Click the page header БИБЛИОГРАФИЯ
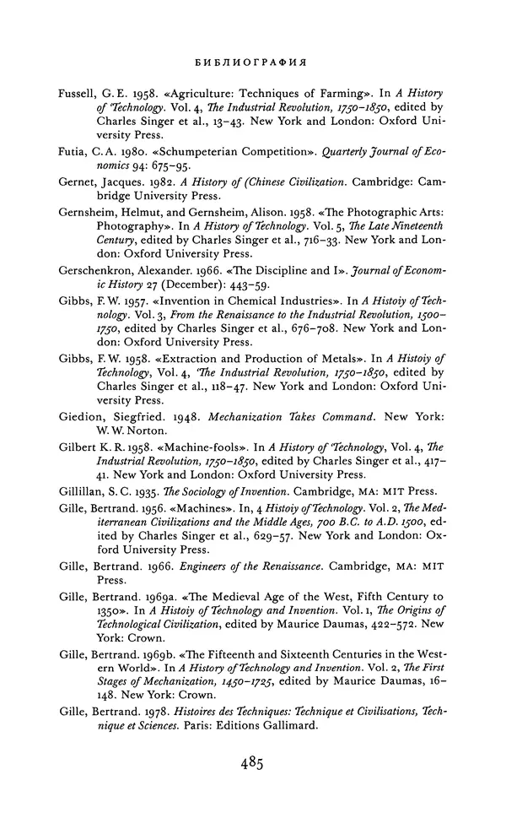(250, 62)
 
